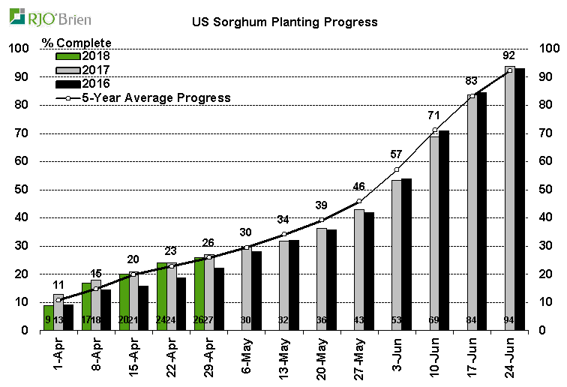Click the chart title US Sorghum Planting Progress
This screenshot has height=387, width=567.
pyautogui.click(x=284, y=22)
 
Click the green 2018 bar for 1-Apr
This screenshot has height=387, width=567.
pyautogui.click(x=49, y=317)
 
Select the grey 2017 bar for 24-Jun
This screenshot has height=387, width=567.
pyautogui.click(x=510, y=199)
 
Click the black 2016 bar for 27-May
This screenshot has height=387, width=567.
pyautogui.click(x=369, y=271)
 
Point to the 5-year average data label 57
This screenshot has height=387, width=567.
pyautogui.click(x=397, y=154)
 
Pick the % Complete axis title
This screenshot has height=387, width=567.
pyautogui.click(x=76, y=42)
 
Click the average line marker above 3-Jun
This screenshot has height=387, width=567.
pyautogui.click(x=397, y=169)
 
